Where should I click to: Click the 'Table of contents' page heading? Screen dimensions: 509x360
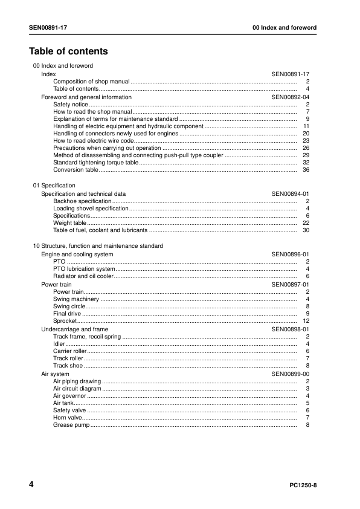(x=68, y=51)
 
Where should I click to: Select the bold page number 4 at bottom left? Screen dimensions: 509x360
(x=31, y=485)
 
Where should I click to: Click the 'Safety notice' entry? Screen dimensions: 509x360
(x=71, y=105)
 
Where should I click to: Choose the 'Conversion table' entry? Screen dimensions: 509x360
(x=76, y=170)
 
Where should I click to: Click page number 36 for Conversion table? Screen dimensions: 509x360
(x=306, y=170)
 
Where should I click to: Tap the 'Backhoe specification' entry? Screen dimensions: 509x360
(x=82, y=201)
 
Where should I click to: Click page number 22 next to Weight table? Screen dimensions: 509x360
(x=306, y=223)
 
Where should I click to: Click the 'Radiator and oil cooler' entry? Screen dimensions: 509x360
(x=83, y=276)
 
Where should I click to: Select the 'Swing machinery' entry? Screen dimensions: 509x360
(x=76, y=299)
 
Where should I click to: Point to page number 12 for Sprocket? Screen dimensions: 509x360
(x=306, y=320)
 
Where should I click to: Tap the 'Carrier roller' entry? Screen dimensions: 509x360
(x=70, y=351)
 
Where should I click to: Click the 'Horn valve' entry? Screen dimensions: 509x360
(x=67, y=418)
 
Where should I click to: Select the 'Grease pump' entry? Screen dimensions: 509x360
(x=71, y=425)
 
